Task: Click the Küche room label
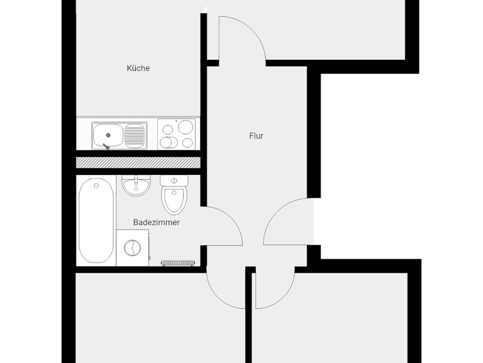click(x=138, y=68)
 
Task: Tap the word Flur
click(x=256, y=136)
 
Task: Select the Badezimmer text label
click(x=157, y=222)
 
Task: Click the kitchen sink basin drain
click(x=108, y=135)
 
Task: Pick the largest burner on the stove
click(x=185, y=127)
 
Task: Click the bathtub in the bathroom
click(x=96, y=221)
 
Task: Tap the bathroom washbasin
click(x=136, y=186)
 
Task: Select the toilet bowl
click(x=174, y=200)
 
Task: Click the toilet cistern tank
click(x=174, y=181)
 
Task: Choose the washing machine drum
click(x=133, y=248)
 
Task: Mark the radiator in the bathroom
click(x=178, y=263)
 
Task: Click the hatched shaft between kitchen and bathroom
click(x=138, y=163)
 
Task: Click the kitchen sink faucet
click(x=106, y=146)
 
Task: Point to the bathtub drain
click(x=96, y=185)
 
